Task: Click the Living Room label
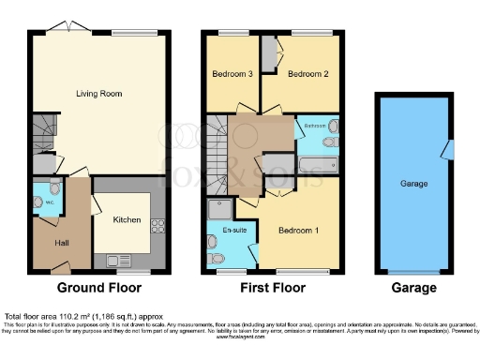[100, 94]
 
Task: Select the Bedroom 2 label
[307, 73]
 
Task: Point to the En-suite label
[221, 228]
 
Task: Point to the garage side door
[449, 149]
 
